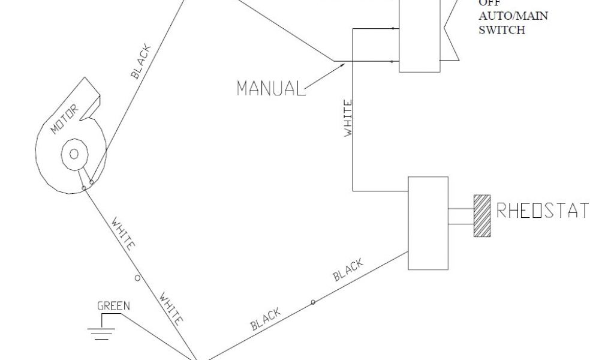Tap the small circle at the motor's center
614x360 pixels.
[x=74, y=154]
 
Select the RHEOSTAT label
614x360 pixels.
[x=542, y=211]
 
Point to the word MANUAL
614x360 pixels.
[x=268, y=88]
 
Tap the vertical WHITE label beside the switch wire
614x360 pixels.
[x=347, y=119]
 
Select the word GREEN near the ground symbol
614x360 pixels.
[x=113, y=306]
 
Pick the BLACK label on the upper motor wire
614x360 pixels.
[x=142, y=62]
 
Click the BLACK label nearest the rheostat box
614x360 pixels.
[x=349, y=269]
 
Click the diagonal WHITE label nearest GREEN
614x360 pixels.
[x=170, y=307]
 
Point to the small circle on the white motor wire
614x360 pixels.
[x=137, y=278]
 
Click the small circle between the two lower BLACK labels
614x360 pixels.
[x=312, y=302]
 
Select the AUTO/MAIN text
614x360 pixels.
[x=513, y=16]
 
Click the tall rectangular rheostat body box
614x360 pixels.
[x=428, y=223]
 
